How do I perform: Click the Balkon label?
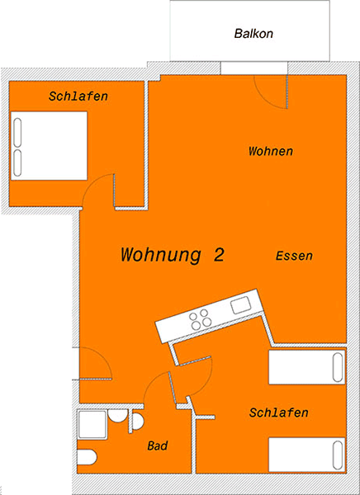tap(253, 34)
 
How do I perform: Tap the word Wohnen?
tap(271, 151)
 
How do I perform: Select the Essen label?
tap(294, 256)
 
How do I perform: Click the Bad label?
tap(158, 445)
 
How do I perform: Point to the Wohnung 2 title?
tap(173, 254)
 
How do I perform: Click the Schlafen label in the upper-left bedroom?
tap(78, 96)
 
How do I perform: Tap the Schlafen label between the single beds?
tap(278, 412)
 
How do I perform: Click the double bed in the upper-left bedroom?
tap(49, 146)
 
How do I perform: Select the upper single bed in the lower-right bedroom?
tap(306, 367)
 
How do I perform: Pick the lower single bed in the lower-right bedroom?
tap(306, 455)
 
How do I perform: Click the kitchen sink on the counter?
tap(241, 305)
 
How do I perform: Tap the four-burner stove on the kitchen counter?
tap(201, 319)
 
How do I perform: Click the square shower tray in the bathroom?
tap(92, 424)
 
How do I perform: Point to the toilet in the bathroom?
tap(87, 457)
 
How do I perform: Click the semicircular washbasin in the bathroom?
tap(138, 422)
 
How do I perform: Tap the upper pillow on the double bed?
tap(17, 132)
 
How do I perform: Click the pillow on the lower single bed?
tap(338, 455)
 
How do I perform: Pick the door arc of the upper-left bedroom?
tap(91, 182)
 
